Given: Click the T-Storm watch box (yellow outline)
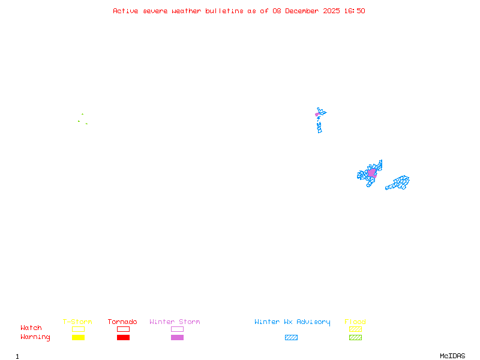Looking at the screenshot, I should [78, 329].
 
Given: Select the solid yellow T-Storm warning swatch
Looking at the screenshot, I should [78, 337].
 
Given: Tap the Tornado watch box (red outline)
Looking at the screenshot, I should [123, 329].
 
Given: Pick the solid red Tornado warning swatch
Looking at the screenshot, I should [123, 337].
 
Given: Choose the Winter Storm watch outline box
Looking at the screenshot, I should [177, 329].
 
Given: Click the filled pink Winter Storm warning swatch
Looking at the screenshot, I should [177, 337].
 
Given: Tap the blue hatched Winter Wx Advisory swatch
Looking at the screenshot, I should [291, 337].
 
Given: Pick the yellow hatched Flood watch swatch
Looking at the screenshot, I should [355, 329].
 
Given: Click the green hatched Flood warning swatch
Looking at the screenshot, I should [355, 337].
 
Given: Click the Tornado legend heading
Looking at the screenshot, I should [122, 322].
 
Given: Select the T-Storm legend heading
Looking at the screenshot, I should [77, 322].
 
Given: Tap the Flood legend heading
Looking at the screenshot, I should [355, 322].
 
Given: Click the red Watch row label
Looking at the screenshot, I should [31, 328].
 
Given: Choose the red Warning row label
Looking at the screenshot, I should [35, 337].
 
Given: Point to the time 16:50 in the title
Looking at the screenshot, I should [355, 11].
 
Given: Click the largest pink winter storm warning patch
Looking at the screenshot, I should [372, 173].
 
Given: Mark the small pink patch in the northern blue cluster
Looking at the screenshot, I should [317, 114].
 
